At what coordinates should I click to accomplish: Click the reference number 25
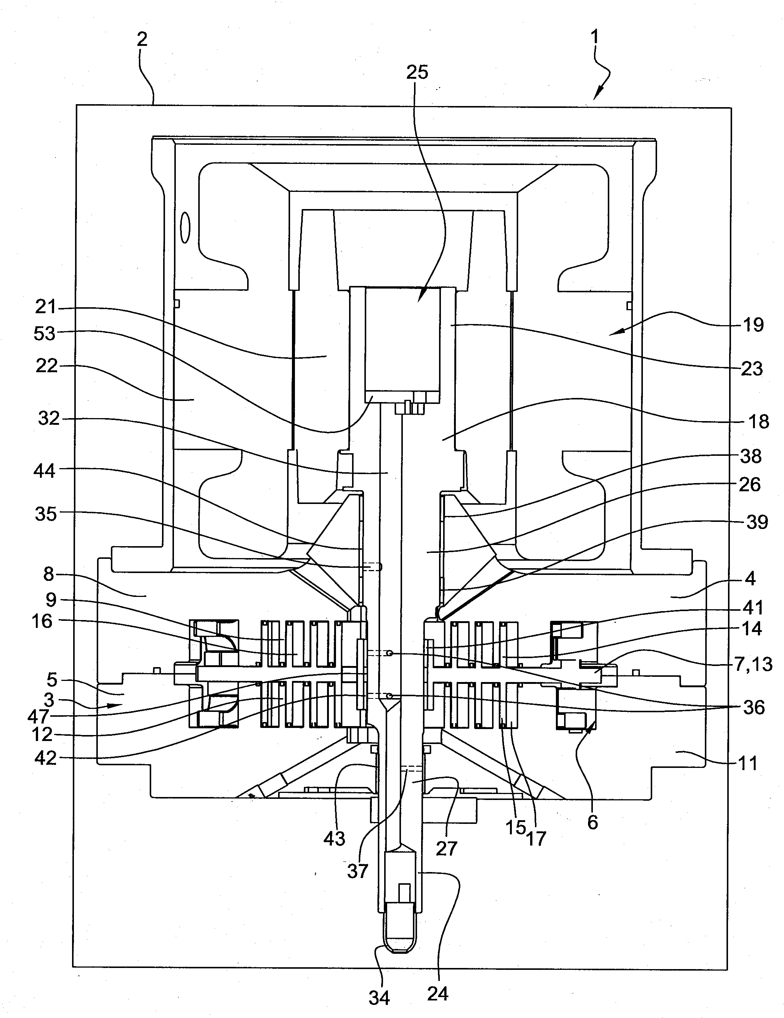click(417, 72)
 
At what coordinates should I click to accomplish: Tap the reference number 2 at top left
click(142, 39)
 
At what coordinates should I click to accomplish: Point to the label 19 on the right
click(752, 325)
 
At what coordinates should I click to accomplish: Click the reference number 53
click(45, 334)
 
